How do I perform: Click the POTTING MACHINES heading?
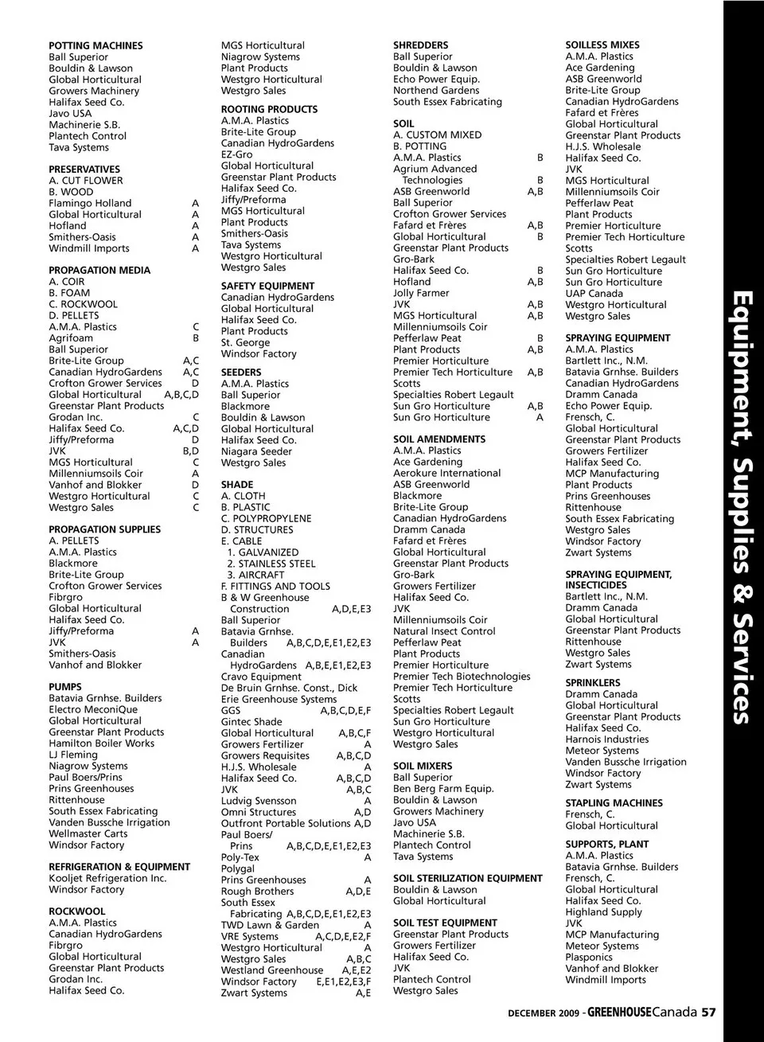tap(95, 46)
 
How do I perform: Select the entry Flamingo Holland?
tap(90, 204)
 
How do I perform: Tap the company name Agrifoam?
tap(71, 338)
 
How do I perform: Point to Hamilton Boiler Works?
tap(101, 743)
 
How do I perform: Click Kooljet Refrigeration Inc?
tap(107, 879)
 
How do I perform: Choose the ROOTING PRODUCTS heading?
tap(269, 110)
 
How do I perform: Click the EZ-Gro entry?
tap(236, 154)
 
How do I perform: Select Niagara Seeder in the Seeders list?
tap(256, 451)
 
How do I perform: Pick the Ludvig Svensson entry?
tap(259, 801)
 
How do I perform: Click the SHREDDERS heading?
tap(420, 46)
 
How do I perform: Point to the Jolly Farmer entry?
tap(421, 293)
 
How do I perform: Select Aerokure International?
tap(446, 474)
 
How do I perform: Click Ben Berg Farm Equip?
tap(443, 789)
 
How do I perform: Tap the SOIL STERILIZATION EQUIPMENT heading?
tap(467, 879)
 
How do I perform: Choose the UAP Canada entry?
tap(594, 294)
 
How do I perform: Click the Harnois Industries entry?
tap(606, 740)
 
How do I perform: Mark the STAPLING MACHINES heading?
tap(614, 803)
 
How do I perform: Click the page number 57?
tap(708, 1013)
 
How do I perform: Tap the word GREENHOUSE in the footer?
tap(619, 1013)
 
